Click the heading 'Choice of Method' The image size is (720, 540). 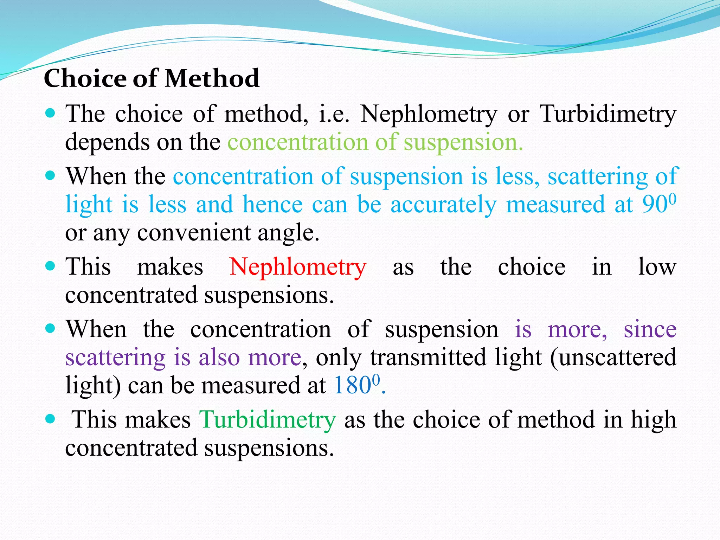point(152,78)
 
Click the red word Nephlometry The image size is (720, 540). point(297,267)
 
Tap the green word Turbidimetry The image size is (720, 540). point(268,420)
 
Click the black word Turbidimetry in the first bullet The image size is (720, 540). point(608,114)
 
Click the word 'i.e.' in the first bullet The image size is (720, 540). point(334,114)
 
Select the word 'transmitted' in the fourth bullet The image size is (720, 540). point(428,357)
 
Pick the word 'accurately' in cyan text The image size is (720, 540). point(443,205)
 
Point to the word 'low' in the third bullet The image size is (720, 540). point(657,267)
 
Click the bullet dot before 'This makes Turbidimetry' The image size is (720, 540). point(51,419)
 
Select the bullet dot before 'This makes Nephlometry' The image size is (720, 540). point(51,266)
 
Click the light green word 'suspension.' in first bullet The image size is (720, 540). point(463,142)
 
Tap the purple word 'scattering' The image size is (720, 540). point(115,357)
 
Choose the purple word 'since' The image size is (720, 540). point(650,329)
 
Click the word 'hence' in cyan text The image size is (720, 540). point(272,205)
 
